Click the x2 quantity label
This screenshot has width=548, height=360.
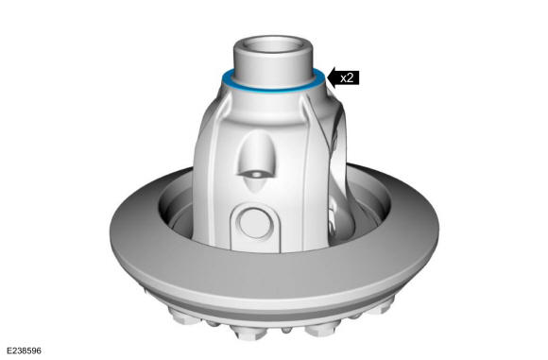coord(347,77)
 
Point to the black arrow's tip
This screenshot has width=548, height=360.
coord(326,77)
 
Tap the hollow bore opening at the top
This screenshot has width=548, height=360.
coord(273,44)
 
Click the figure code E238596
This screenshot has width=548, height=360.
coord(24,351)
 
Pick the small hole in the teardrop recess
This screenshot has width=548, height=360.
coord(257,174)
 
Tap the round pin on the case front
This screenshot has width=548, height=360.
coord(255,223)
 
